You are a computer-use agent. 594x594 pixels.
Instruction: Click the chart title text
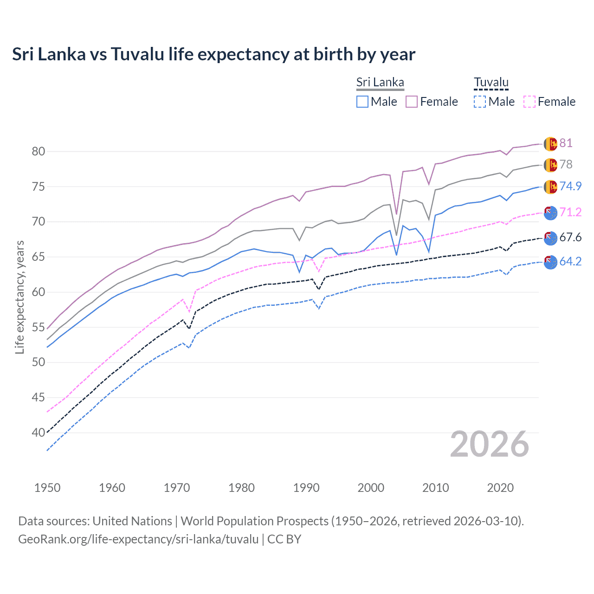click(x=213, y=54)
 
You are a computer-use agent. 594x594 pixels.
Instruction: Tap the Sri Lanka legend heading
click(x=380, y=83)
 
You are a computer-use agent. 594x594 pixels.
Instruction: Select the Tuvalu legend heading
click(x=491, y=83)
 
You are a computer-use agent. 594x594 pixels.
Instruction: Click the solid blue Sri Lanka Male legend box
click(x=362, y=102)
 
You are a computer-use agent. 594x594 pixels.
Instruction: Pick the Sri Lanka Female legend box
click(x=412, y=102)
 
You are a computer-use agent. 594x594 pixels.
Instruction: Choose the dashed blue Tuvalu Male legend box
click(x=480, y=102)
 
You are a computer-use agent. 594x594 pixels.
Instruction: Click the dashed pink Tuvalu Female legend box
click(x=529, y=102)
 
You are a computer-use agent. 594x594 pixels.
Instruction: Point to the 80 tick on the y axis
click(x=39, y=151)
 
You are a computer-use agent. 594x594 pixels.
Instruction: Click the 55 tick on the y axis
click(x=39, y=327)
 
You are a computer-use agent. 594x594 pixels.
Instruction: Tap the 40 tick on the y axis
click(x=39, y=433)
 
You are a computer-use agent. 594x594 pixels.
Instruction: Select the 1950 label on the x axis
click(x=47, y=488)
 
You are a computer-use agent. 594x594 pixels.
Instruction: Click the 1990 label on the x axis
click(x=306, y=488)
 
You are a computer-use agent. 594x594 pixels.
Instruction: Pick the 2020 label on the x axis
click(x=500, y=488)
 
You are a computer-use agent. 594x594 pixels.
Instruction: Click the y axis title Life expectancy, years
click(x=19, y=297)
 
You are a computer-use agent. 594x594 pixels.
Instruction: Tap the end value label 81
click(x=566, y=143)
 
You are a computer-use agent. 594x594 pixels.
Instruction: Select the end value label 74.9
click(x=570, y=186)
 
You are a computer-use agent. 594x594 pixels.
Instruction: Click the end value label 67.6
click(x=570, y=238)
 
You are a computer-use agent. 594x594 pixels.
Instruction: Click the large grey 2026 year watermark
click(x=490, y=444)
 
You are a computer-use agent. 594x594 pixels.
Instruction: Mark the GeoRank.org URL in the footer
click(x=138, y=539)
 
